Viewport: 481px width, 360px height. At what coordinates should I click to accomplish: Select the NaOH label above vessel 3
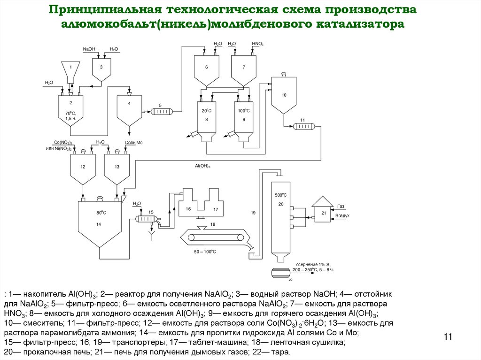[x=88, y=49]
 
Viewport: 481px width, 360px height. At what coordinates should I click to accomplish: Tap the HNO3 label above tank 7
[x=257, y=44]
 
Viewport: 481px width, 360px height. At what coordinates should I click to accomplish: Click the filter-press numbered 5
[x=161, y=111]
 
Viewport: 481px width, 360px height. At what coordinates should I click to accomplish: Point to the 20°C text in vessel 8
[x=205, y=111]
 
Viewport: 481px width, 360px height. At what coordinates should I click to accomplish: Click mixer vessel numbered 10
[x=284, y=96]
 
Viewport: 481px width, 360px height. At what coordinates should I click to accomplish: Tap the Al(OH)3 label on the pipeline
[x=202, y=166]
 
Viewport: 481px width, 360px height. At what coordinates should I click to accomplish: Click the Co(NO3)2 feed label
[x=62, y=142]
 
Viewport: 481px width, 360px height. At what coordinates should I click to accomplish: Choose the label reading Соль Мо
[x=133, y=142]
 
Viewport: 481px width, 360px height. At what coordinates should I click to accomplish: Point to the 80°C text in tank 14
[x=101, y=213]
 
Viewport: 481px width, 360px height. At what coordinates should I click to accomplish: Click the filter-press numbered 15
[x=147, y=219]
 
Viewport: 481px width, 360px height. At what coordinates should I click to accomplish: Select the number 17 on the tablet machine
[x=216, y=209]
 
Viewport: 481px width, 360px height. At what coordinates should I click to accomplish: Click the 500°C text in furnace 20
[x=280, y=194]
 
